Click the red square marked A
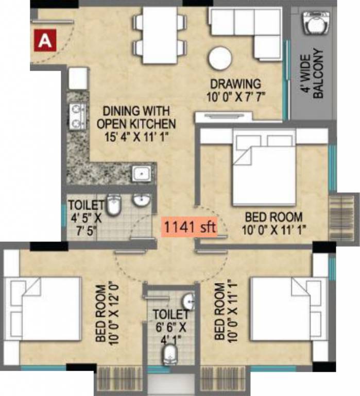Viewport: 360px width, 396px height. tap(45, 40)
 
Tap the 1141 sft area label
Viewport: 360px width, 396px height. tap(190, 226)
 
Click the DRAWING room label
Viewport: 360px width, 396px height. tap(234, 84)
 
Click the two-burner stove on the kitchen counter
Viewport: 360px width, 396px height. tap(77, 116)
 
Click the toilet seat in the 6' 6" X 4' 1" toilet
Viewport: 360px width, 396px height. tap(169, 354)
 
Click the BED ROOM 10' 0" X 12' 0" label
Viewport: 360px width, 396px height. tap(106, 312)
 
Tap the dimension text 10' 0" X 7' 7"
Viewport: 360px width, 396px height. tap(234, 95)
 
